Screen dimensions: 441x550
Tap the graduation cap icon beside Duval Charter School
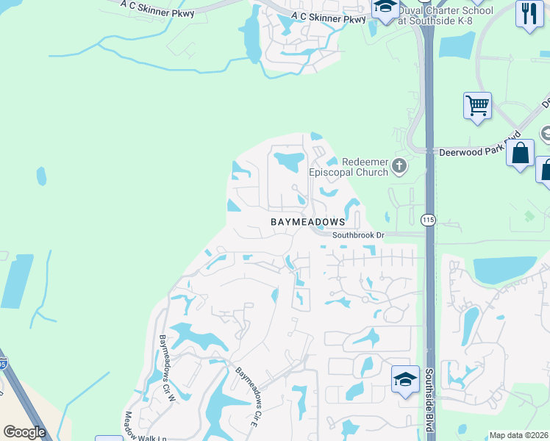click(x=385, y=9)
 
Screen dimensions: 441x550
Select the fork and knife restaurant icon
click(x=529, y=14)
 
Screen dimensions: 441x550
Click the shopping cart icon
click(x=477, y=105)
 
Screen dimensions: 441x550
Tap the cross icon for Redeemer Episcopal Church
click(x=399, y=165)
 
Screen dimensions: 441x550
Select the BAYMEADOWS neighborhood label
click(x=307, y=221)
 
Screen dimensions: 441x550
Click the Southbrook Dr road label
click(x=358, y=235)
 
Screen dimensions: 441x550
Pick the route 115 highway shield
click(x=429, y=219)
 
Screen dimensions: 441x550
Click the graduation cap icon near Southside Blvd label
click(x=404, y=379)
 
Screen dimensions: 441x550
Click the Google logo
click(x=24, y=431)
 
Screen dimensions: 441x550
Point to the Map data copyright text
click(x=519, y=435)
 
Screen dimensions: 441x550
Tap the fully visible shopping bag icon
click(x=520, y=154)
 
